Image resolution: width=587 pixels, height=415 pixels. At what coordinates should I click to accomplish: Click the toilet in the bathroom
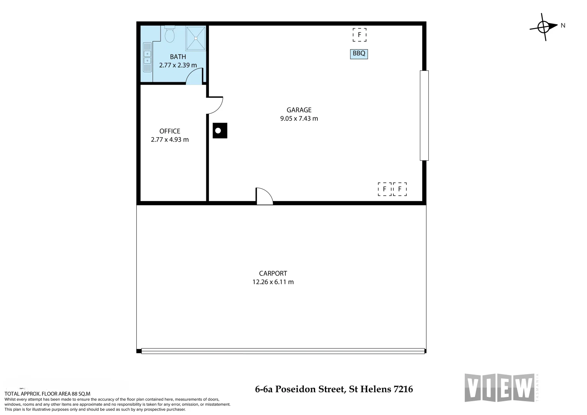pos(169,35)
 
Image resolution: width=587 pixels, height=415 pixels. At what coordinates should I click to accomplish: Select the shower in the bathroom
pos(196,38)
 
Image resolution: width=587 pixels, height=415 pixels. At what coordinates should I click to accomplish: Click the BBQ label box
pos(359,54)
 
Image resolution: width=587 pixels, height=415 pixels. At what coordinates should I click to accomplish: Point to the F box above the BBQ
pos(360,35)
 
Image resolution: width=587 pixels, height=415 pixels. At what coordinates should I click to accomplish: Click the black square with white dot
pos(220,131)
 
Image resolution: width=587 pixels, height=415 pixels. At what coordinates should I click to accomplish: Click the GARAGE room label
pos(299,110)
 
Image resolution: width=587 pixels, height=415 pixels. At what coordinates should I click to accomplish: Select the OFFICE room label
pos(170,131)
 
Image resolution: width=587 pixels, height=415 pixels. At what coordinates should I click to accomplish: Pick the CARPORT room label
pos(273,273)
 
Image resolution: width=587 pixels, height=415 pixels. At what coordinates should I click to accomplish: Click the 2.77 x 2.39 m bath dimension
pos(178,65)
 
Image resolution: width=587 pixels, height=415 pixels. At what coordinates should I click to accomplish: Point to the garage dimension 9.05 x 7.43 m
pos(299,119)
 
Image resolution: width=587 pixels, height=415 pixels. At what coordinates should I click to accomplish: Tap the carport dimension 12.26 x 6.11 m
pos(273,282)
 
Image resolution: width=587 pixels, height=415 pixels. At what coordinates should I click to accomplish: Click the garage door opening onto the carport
pos(264,196)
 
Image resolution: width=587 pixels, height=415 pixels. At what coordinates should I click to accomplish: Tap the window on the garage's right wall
pos(424,115)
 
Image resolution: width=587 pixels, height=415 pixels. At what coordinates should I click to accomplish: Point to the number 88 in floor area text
pos(75,393)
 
